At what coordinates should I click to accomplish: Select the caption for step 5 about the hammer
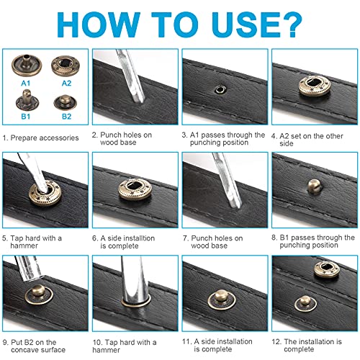[x=36, y=240]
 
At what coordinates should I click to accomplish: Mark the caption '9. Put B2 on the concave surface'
[x=43, y=346]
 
